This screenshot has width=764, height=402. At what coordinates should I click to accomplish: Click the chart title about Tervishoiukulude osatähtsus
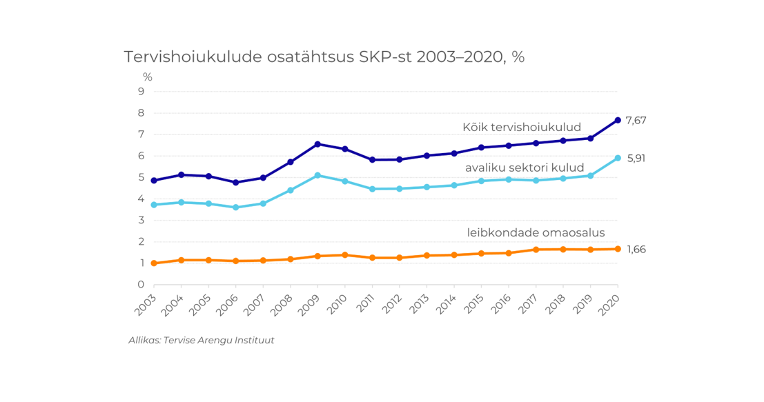click(324, 57)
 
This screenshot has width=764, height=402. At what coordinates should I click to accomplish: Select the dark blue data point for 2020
click(618, 120)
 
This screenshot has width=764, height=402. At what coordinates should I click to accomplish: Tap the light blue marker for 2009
click(317, 175)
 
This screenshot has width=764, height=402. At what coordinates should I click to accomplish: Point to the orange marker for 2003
click(154, 263)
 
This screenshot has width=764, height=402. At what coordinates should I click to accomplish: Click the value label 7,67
click(636, 121)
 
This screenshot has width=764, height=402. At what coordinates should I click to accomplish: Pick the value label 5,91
click(636, 159)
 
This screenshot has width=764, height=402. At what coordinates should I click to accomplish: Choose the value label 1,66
click(636, 250)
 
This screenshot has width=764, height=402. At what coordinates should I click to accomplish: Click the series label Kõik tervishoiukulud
click(522, 128)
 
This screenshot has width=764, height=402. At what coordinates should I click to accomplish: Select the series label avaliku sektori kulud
click(525, 168)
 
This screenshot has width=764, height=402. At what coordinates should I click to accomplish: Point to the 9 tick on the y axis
click(141, 91)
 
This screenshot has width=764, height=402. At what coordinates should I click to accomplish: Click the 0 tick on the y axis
click(141, 285)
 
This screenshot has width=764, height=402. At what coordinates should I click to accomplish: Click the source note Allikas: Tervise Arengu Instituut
click(202, 341)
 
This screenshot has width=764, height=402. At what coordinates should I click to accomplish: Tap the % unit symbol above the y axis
click(148, 77)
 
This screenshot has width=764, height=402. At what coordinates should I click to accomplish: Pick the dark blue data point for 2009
click(317, 144)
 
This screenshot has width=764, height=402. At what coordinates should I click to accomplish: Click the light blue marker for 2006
click(236, 207)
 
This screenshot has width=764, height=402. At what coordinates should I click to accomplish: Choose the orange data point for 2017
click(536, 250)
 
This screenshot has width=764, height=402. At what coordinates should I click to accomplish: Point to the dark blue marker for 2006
click(236, 183)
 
